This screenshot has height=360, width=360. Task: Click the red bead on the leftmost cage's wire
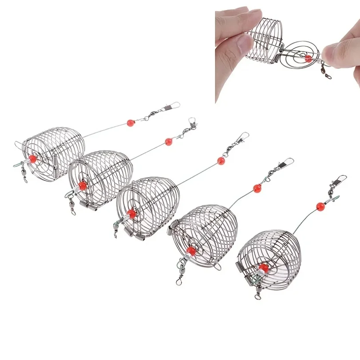point(131,122)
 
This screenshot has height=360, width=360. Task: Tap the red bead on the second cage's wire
point(169,142)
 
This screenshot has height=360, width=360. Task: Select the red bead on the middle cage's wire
point(221,161)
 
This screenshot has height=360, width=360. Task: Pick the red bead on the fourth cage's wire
point(257,188)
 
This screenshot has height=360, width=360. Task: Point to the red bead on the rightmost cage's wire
point(320,206)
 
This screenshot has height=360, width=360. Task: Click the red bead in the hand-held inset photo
point(308,58)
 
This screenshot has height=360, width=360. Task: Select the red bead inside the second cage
point(82,186)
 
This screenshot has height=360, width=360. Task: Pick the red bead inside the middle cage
point(132,214)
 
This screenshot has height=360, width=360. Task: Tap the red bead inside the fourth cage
point(191,251)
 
